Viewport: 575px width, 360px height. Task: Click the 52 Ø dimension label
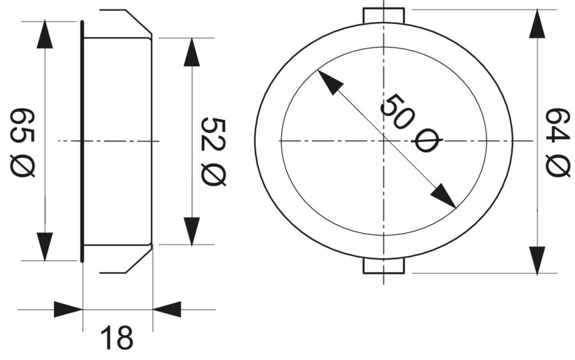click(213, 152)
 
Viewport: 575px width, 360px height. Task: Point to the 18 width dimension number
click(117, 338)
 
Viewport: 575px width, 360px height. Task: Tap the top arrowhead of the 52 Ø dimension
click(191, 53)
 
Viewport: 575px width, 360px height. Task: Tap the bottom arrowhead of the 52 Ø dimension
click(191, 230)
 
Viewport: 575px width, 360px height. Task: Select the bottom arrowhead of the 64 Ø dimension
click(537, 259)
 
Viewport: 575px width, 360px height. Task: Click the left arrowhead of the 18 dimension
click(68, 309)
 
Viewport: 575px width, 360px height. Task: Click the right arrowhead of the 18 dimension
click(167, 309)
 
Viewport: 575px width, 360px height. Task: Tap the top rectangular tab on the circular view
click(384, 16)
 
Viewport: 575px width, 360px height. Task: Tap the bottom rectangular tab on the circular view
click(384, 266)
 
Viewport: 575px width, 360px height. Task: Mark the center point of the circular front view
click(384, 140)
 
